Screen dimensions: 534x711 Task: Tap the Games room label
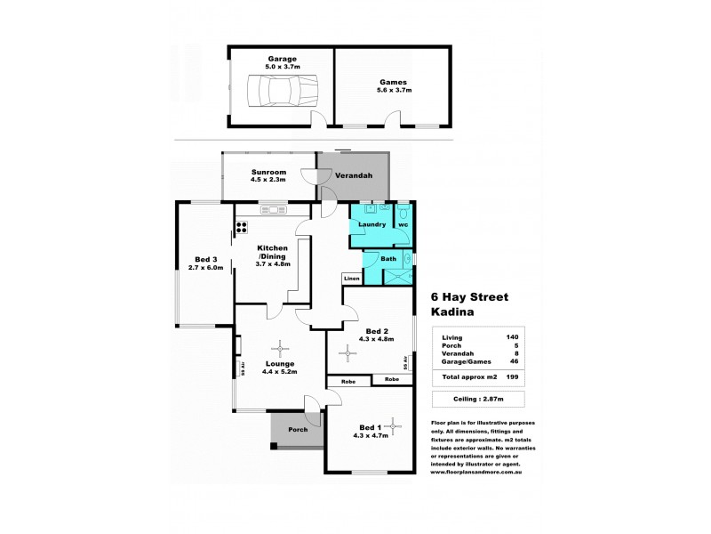pyautogui.click(x=392, y=82)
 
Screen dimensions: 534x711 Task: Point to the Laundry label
pyautogui.click(x=371, y=224)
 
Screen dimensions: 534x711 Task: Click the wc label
pyautogui.click(x=403, y=224)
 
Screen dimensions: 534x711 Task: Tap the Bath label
pyautogui.click(x=388, y=259)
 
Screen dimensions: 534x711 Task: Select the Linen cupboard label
pyautogui.click(x=352, y=279)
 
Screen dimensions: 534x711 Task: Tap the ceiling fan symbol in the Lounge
pyautogui.click(x=283, y=348)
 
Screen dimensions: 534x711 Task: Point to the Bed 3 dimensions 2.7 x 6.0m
pyautogui.click(x=203, y=267)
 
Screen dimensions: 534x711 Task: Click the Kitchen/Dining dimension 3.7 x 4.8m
pyautogui.click(x=274, y=263)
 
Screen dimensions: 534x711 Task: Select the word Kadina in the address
pyautogui.click(x=453, y=312)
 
